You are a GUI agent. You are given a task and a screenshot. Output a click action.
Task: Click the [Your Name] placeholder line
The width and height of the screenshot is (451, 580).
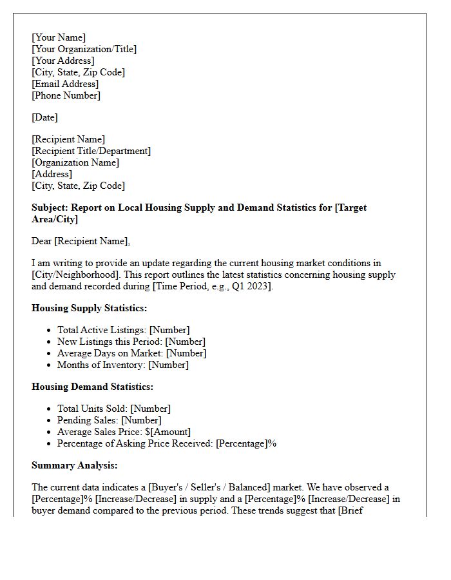coord(59,37)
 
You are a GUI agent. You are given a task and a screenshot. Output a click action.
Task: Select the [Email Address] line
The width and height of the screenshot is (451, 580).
coord(65,84)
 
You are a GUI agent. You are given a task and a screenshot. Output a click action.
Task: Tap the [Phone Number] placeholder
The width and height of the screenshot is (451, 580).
coord(66,95)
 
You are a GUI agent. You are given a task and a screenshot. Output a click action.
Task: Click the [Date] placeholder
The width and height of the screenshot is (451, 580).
coord(44,117)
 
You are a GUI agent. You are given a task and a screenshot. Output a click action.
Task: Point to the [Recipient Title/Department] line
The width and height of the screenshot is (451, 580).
coord(91,151)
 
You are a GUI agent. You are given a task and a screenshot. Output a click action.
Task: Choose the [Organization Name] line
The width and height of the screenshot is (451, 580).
coord(75,162)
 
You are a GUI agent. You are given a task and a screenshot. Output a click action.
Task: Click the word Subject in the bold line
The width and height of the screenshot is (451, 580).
coord(49,208)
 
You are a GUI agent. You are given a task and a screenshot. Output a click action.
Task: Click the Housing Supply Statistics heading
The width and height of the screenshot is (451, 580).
coord(89,308)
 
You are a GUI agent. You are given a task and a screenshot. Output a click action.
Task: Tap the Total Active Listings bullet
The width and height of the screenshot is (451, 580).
coord(123,330)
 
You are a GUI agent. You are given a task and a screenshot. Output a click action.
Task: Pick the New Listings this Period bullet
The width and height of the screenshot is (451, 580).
coord(131,342)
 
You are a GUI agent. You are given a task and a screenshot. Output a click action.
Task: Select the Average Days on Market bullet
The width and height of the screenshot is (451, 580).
coord(131,353)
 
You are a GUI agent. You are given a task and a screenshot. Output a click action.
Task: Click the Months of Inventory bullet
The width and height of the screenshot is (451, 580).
coord(122,365)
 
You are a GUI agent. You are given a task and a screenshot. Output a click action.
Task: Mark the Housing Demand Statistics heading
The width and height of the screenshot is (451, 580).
coord(92,387)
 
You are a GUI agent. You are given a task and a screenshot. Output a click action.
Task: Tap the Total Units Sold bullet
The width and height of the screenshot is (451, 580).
coord(113,409)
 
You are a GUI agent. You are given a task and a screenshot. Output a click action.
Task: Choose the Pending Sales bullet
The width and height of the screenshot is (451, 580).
coord(109,420)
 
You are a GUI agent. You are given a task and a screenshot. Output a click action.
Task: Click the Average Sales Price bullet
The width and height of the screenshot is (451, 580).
coord(124,432)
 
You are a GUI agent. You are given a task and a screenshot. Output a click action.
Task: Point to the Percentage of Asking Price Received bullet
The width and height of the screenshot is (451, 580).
coord(166,443)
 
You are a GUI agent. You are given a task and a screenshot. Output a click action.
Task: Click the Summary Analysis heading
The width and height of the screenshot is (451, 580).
coord(74,465)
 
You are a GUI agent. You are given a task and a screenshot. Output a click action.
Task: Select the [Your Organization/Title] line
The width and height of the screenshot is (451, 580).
coord(84,49)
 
